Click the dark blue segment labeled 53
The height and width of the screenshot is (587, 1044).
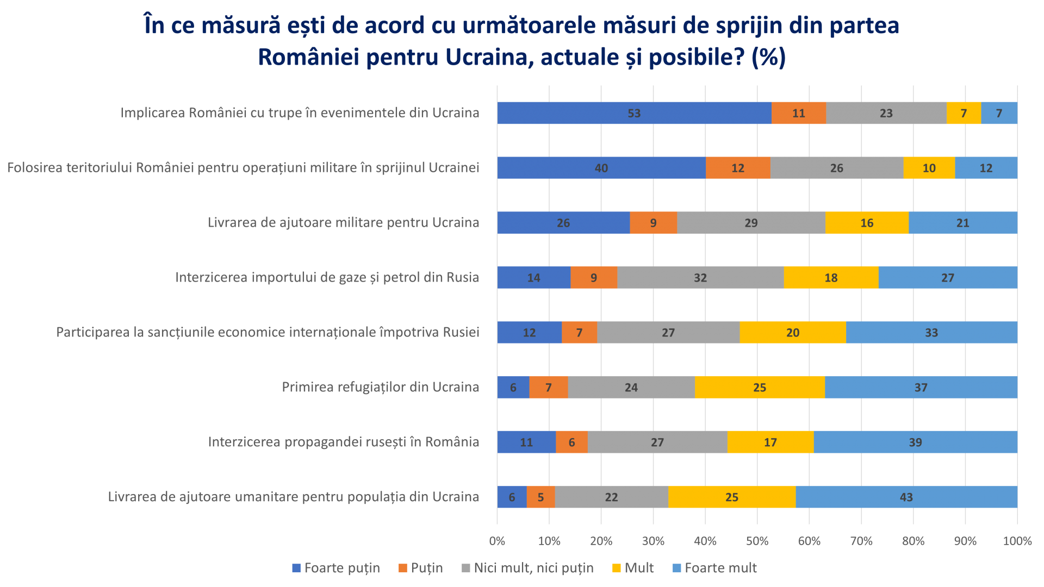pyautogui.click(x=634, y=113)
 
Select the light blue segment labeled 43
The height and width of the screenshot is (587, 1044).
pyautogui.click(x=906, y=497)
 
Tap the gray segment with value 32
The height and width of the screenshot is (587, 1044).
pyautogui.click(x=700, y=278)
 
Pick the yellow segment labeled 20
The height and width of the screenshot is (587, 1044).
pyautogui.click(x=792, y=333)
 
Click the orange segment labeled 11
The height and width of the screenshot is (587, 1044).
pyautogui.click(x=798, y=113)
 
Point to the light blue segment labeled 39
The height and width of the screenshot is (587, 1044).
pyautogui.click(x=915, y=442)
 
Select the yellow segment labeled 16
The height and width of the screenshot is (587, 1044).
pyautogui.click(x=867, y=223)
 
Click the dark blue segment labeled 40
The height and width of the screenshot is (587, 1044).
pyautogui.click(x=601, y=168)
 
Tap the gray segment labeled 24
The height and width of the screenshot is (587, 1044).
pyautogui.click(x=631, y=388)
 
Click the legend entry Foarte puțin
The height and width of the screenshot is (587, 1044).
pyautogui.click(x=335, y=568)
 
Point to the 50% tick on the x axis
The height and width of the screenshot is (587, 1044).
pyautogui.click(x=757, y=541)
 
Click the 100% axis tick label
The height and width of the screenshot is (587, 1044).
pyautogui.click(x=1017, y=541)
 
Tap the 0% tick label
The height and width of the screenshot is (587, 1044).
pyautogui.click(x=497, y=541)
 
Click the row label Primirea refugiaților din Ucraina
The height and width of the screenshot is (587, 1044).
pyautogui.click(x=380, y=387)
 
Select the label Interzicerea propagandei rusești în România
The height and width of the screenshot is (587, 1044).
pyautogui.click(x=343, y=442)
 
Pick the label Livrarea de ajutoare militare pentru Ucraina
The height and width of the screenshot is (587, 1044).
pyautogui.click(x=343, y=222)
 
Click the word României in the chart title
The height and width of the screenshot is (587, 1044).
pyautogui.click(x=308, y=57)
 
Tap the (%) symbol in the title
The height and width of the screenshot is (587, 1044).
pyautogui.click(x=768, y=57)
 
